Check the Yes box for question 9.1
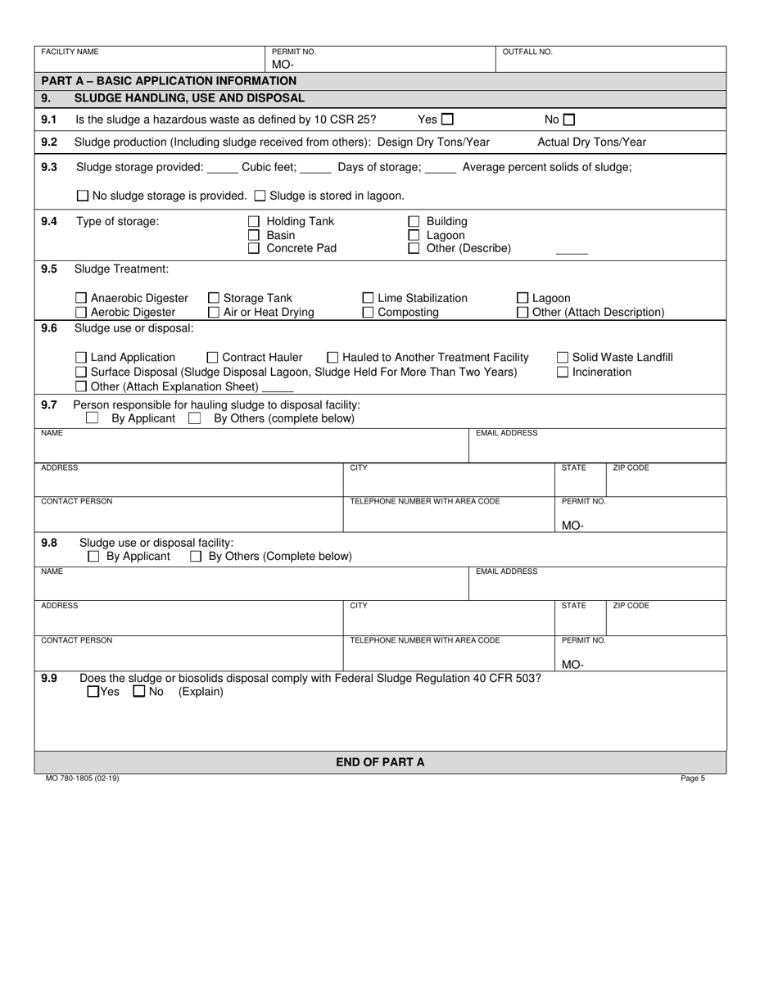tap(447, 120)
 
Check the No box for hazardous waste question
tap(569, 120)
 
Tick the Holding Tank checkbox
tap(254, 221)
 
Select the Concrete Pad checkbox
tap(254, 249)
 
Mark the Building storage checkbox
tap(414, 221)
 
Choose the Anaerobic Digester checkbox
tap(81, 299)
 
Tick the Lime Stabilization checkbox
tap(368, 299)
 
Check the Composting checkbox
tap(368, 313)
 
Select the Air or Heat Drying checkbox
tap(214, 313)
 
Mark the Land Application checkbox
tap(81, 358)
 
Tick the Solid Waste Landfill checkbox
tap(563, 358)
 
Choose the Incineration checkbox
tap(563, 373)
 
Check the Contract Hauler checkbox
tap(213, 358)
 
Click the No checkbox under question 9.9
tap(139, 692)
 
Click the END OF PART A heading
tap(380, 762)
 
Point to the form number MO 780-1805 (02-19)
tap(82, 779)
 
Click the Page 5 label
tap(692, 779)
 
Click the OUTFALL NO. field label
tap(527, 52)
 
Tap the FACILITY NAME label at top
tap(70, 52)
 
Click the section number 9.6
tap(49, 328)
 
